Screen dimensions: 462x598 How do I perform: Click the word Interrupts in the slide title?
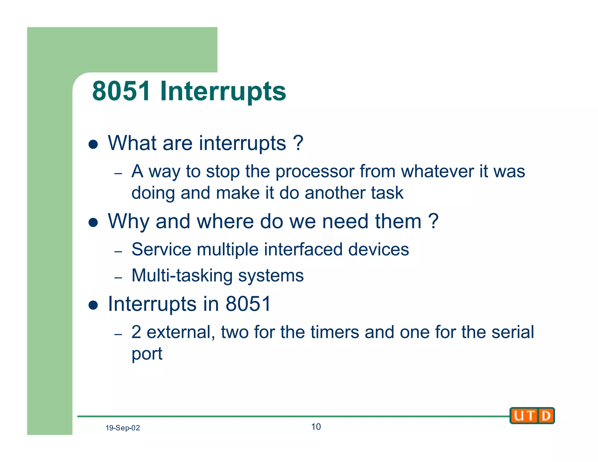223,91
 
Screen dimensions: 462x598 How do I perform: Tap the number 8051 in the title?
121,91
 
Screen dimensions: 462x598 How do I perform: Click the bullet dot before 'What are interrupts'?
93,144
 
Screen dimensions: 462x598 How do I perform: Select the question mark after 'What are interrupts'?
298,143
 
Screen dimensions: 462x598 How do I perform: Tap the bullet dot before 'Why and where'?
93,223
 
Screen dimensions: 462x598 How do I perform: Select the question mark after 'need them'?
433,221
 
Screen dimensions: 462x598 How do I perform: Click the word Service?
161,249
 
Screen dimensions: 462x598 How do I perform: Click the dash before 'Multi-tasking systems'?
118,277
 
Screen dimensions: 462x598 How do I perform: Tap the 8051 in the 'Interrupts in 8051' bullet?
248,304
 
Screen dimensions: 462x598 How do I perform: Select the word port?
147,354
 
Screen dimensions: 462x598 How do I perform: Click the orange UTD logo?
532,415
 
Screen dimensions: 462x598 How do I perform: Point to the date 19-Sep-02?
123,428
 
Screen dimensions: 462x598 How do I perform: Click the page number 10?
316,427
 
